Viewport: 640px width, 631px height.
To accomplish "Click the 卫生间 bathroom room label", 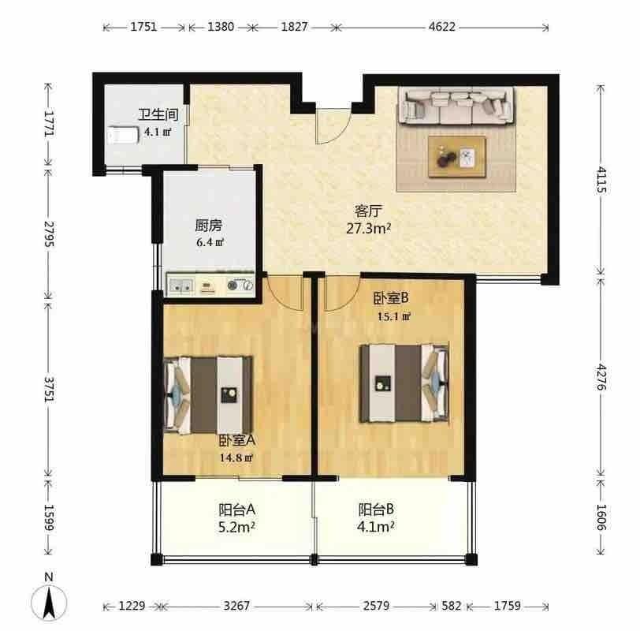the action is click(x=158, y=114).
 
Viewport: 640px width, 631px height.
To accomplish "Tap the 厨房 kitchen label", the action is click(x=208, y=225).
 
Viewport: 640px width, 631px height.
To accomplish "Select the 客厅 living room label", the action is click(x=368, y=211).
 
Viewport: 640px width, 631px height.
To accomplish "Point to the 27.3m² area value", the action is click(x=369, y=228).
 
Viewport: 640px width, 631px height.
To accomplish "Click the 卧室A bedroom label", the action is click(x=237, y=441).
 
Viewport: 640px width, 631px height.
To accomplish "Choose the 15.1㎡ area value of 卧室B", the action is click(x=393, y=316).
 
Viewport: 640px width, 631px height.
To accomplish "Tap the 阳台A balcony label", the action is click(x=237, y=510).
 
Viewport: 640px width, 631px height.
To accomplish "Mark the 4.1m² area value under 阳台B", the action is click(x=375, y=527).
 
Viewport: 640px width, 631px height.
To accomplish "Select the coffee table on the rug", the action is click(x=456, y=157).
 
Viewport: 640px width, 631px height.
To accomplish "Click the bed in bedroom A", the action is click(x=208, y=395).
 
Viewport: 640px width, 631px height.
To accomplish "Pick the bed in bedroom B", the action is click(x=404, y=383).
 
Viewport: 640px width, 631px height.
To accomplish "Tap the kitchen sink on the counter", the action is click(x=180, y=286).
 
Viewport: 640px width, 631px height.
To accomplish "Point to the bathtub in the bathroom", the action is click(x=123, y=135).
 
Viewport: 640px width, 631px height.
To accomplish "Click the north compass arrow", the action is click(x=49, y=603).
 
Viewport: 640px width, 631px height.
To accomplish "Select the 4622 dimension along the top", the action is click(x=442, y=27).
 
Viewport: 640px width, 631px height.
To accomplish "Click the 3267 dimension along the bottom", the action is click(x=236, y=606).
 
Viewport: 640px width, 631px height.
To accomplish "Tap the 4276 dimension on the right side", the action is click(x=601, y=376).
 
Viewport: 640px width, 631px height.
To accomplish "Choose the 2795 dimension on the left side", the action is click(x=49, y=234).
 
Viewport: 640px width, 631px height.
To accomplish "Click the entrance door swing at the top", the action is click(x=333, y=126).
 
